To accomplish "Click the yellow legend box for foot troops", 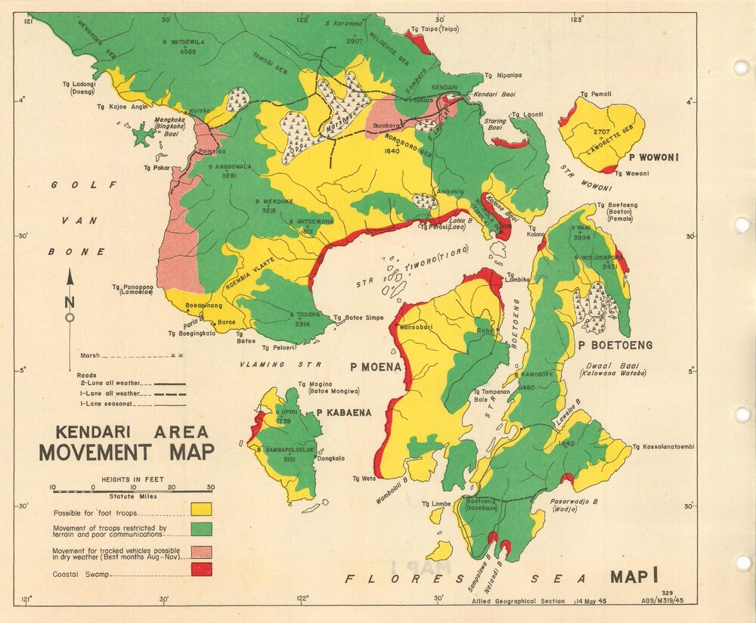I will click(201, 509).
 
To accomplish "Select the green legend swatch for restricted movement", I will click(201, 528).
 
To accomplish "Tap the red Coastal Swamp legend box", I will click(201, 569).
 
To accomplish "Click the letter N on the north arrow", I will click(70, 301).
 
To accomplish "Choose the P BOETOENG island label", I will click(615, 345).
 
